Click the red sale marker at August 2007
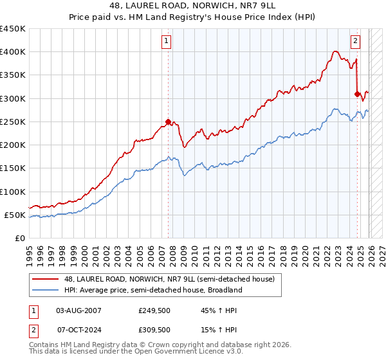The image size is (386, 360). coord(169,122)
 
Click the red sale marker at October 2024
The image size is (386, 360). coord(357,94)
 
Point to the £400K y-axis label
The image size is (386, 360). coord(13,52)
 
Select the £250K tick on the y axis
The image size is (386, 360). coord(13,122)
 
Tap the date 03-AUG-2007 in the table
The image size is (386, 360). coord(78,311)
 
